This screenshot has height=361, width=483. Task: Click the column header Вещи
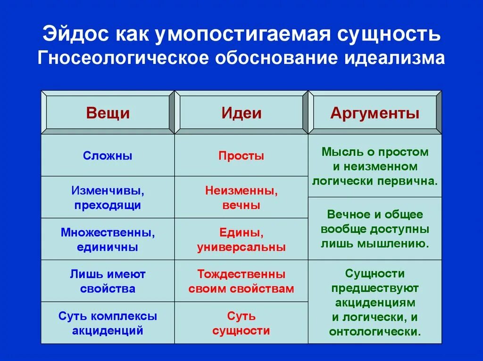[108, 113]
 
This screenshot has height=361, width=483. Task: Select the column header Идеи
[241, 113]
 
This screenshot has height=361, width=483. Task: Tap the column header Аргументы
[375, 113]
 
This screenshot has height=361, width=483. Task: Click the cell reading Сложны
[108, 156]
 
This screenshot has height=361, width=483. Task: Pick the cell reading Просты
[241, 156]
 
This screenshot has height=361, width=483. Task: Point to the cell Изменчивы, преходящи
[108, 198]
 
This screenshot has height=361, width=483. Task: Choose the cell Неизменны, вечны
[241, 198]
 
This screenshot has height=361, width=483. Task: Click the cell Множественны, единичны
[108, 240]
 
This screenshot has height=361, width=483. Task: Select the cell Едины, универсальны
[241, 240]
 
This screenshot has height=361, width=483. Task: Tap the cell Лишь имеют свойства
[108, 281]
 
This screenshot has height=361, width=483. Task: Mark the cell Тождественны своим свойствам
[241, 281]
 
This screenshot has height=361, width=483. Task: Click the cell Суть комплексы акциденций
[108, 323]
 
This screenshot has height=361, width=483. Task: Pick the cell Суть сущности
[241, 323]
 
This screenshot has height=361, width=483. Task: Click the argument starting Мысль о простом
[375, 166]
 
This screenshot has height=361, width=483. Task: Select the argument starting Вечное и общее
[375, 229]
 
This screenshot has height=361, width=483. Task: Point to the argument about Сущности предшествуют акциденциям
[375, 302]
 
